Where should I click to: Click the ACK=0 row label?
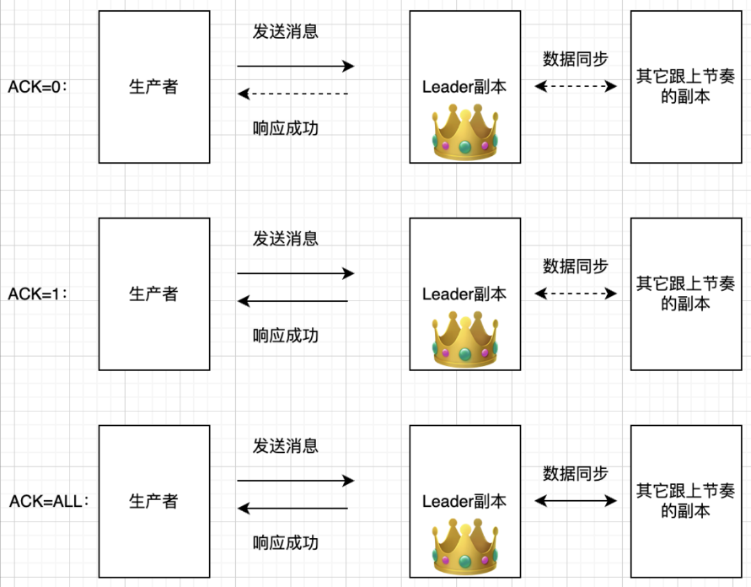coord(37,87)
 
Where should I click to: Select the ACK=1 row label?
coord(37,293)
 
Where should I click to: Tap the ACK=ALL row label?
coord(49,501)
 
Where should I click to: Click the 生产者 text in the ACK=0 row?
coord(153,87)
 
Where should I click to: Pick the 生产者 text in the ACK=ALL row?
coord(153,501)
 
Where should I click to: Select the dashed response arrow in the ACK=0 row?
coord(292,94)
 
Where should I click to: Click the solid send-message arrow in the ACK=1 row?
coord(295,272)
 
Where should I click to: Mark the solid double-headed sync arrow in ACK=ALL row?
coord(577,501)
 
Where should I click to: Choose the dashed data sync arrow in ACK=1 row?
coord(577,293)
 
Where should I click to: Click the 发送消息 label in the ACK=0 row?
coord(286,32)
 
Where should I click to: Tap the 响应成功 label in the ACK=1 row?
coord(286,336)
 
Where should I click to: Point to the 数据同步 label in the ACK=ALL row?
coord(576,473)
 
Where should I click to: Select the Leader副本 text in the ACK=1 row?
coord(464,293)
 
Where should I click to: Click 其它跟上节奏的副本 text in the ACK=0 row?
coord(684,87)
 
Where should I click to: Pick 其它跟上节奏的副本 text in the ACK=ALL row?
coord(684,501)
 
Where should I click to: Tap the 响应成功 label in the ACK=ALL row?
coord(286,542)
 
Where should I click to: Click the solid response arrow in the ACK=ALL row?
coord(292,508)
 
